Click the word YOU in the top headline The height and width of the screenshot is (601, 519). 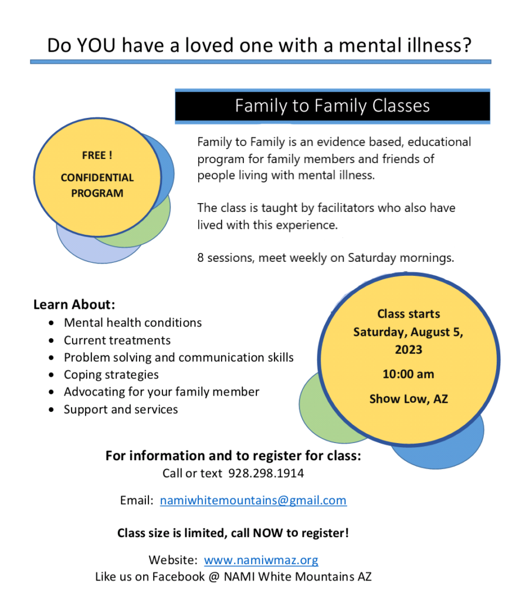[96, 45]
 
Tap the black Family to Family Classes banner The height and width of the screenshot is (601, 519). [333, 106]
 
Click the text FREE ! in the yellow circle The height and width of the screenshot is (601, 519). [97, 155]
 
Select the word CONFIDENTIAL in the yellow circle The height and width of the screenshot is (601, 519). [97, 177]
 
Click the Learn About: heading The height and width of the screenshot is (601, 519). [74, 305]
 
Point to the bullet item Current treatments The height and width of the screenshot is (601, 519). [117, 340]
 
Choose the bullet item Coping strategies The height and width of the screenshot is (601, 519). [111, 375]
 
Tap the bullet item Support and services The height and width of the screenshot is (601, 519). [121, 409]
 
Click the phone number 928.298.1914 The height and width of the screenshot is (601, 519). [266, 474]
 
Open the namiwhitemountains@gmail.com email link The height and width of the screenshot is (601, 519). [253, 501]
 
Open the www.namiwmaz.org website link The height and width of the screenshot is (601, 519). [261, 560]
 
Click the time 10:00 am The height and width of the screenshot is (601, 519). [408, 374]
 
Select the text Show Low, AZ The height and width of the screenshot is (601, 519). [409, 399]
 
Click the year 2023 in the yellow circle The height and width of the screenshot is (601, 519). [409, 350]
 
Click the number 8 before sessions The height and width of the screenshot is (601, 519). [201, 258]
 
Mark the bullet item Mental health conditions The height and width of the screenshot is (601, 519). [133, 323]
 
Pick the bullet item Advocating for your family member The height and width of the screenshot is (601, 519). [162, 392]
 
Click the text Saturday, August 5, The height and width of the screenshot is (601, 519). [408, 332]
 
